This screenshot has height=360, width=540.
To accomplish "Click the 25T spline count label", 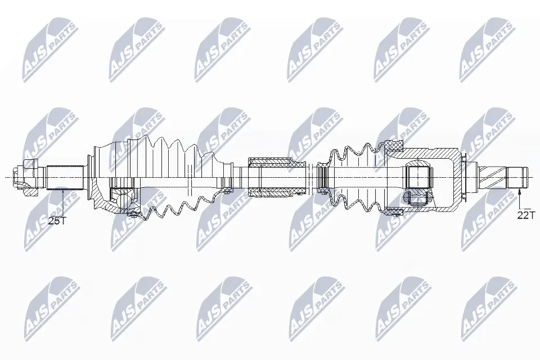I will [57, 221].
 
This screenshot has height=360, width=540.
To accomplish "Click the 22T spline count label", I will [525, 215].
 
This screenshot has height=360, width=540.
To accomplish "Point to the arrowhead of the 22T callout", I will [519, 192].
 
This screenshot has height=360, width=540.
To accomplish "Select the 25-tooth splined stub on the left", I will [65, 178].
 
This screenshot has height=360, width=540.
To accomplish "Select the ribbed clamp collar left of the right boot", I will [322, 177].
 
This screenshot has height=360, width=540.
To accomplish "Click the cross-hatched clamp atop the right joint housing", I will [394, 146].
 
